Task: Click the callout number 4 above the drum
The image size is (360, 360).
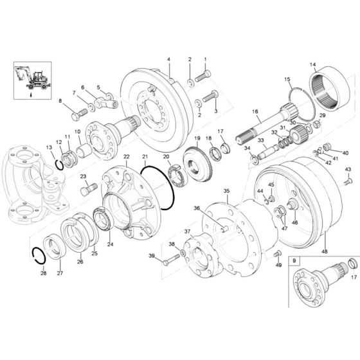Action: click(x=168, y=59)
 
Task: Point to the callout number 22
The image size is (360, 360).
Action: click(x=127, y=157)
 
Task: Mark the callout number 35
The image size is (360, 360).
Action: click(x=226, y=191)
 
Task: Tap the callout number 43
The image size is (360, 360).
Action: click(x=348, y=169)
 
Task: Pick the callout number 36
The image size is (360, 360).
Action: click(x=197, y=208)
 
